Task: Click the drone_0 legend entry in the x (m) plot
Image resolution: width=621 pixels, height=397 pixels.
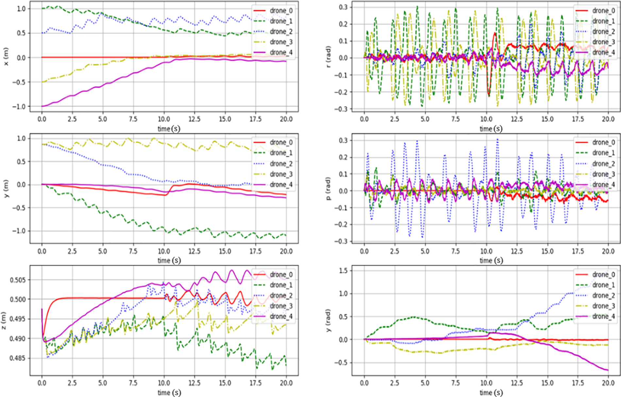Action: (x=281, y=11)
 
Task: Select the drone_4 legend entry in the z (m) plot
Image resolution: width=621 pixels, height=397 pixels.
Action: (x=281, y=316)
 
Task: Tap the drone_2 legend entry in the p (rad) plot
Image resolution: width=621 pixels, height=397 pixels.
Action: (x=603, y=164)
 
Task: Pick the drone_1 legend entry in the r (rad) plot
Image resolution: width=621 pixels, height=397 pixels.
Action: (x=603, y=21)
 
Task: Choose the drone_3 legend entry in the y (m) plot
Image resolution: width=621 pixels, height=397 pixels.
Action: (x=281, y=174)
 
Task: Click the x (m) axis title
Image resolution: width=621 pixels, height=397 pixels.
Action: (x=6, y=57)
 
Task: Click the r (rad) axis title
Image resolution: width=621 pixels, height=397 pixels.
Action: (x=328, y=57)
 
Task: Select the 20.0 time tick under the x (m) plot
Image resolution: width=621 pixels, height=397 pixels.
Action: (x=286, y=119)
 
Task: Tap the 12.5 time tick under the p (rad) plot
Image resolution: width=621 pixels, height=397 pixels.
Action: (x=517, y=251)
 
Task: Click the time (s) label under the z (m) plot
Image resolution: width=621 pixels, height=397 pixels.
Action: (x=169, y=392)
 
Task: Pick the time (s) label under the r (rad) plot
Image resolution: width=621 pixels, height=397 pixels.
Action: (x=491, y=129)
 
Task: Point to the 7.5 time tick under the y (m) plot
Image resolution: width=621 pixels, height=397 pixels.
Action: (x=133, y=251)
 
